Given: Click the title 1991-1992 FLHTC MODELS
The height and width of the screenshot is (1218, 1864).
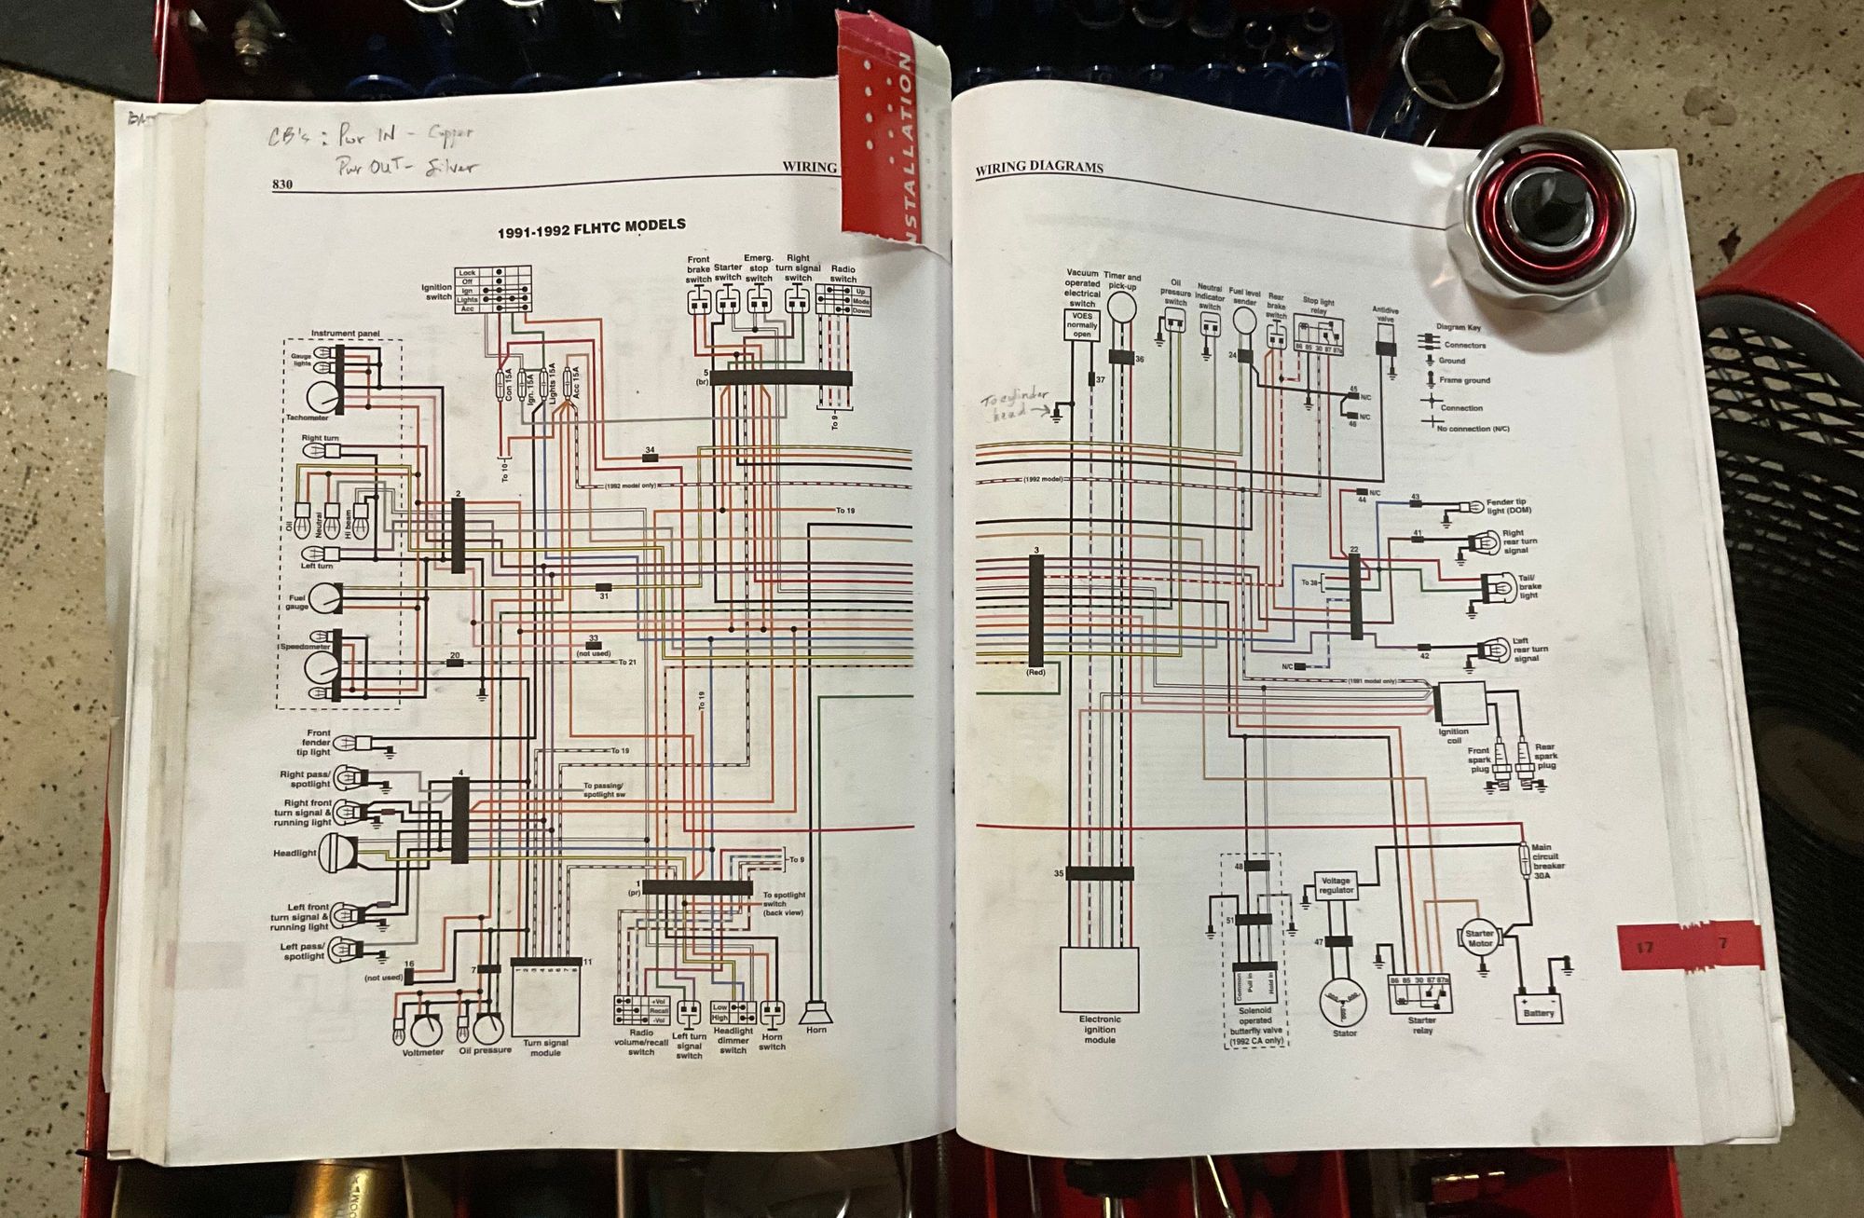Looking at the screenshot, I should [x=591, y=227].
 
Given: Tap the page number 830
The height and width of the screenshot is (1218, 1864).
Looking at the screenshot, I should [x=282, y=185].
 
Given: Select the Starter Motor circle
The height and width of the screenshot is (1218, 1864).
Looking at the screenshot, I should [x=1480, y=937].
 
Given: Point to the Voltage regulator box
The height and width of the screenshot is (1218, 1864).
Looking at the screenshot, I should [x=1336, y=885].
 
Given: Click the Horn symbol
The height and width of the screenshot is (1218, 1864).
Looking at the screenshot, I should [x=816, y=1011].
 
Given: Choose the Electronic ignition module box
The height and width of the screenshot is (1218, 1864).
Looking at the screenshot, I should [x=1100, y=979].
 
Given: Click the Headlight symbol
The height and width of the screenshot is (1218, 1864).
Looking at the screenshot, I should [x=331, y=853].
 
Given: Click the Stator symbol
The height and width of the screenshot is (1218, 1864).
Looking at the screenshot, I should [x=1343, y=1002].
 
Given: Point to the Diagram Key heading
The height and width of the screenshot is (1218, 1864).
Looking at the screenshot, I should [x=1458, y=328].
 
